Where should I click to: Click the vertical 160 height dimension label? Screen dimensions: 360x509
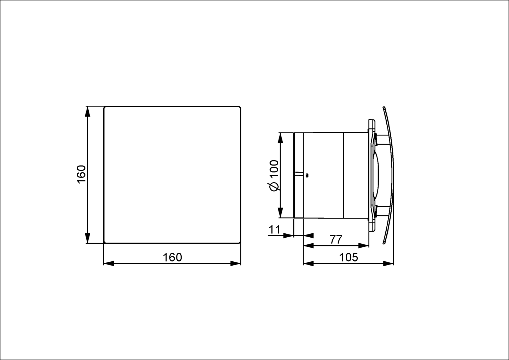point(81,174)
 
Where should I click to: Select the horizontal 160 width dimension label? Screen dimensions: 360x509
point(172,257)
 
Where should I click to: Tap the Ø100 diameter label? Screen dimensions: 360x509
point(274,175)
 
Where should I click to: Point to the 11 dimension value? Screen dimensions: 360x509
point(274,230)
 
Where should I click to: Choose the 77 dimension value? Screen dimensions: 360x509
point(336,239)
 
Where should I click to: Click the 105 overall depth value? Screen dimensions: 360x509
point(348,257)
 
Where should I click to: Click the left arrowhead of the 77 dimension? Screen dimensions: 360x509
point(309,245)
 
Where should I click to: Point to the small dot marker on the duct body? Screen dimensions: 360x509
point(306,175)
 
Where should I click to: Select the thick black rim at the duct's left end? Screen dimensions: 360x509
point(294,175)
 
